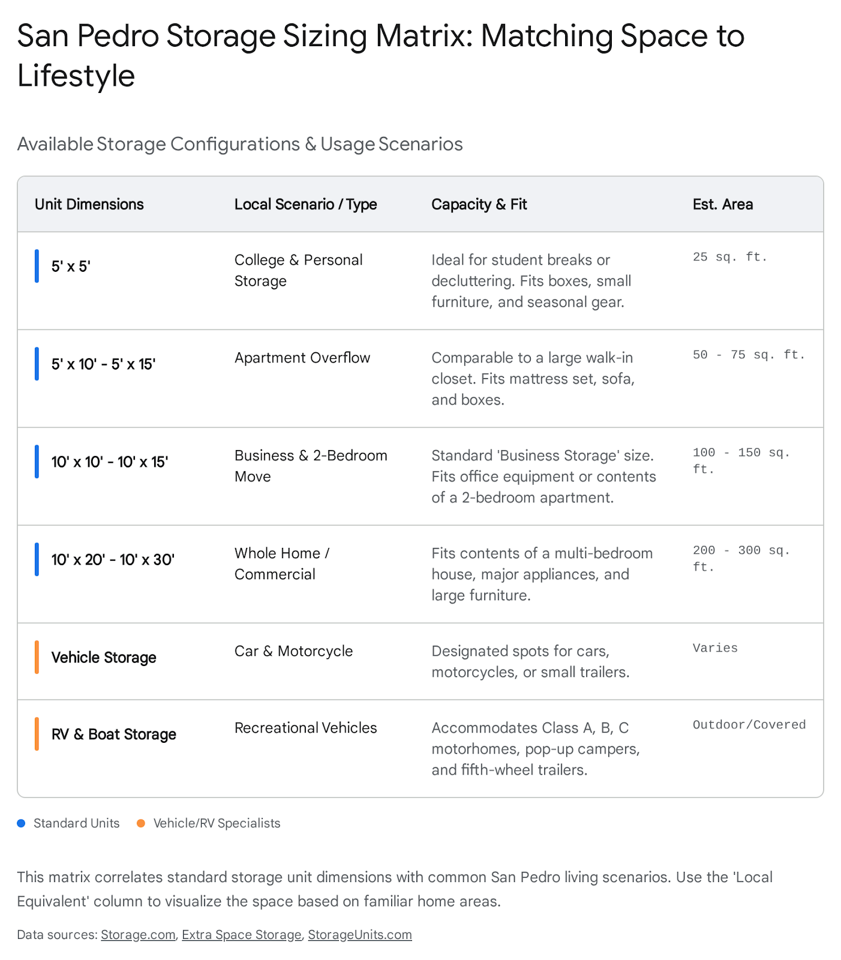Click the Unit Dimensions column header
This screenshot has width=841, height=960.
(89, 205)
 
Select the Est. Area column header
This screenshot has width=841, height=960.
(722, 205)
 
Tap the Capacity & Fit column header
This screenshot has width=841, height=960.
(479, 205)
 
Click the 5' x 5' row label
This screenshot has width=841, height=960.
(71, 266)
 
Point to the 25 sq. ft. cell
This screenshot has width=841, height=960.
(729, 257)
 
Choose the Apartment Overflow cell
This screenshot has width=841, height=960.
(302, 358)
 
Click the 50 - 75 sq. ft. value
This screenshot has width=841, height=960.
(749, 355)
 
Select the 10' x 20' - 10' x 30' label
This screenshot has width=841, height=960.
(113, 560)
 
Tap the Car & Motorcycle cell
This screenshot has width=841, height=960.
(293, 651)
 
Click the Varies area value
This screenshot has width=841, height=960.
(715, 648)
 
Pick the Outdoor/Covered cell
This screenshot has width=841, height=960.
(749, 725)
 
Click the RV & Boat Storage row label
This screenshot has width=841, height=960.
(113, 734)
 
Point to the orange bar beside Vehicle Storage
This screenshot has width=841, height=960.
(37, 658)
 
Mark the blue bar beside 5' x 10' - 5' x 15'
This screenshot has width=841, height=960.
(37, 364)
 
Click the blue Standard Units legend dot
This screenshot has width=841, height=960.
(22, 823)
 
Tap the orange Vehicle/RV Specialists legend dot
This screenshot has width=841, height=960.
(141, 823)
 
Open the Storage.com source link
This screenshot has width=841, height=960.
(138, 935)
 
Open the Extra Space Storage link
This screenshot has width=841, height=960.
(242, 935)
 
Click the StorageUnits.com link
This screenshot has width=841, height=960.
(360, 935)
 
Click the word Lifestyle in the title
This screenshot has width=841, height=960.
(76, 76)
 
